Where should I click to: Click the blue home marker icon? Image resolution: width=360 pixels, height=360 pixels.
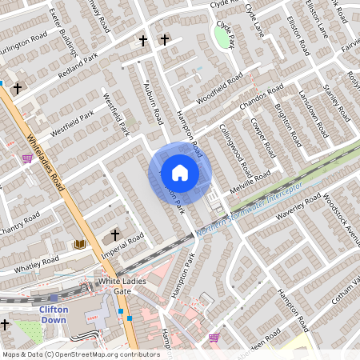click(179, 173)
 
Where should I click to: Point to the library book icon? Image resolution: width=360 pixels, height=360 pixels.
click(79, 243)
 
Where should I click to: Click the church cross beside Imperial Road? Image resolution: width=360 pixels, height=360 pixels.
click(115, 235)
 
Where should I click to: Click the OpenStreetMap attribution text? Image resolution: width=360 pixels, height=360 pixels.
click(80, 354)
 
